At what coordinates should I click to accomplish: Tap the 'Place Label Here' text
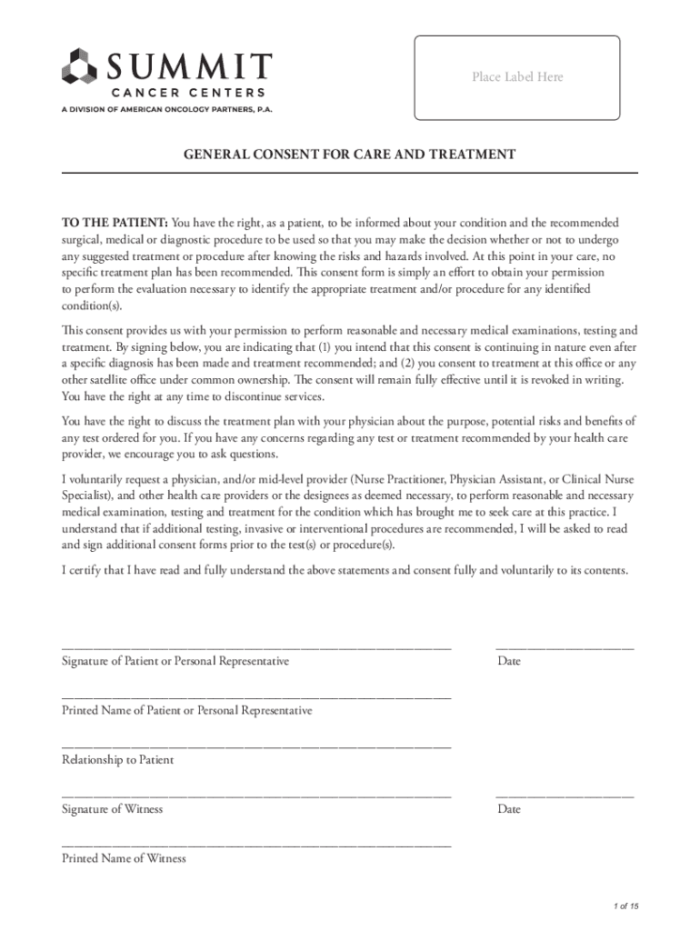click(517, 77)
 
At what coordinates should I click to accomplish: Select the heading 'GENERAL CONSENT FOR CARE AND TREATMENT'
click(350, 155)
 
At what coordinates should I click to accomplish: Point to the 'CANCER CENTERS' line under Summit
click(188, 92)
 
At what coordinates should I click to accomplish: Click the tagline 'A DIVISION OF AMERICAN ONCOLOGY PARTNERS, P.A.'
click(166, 108)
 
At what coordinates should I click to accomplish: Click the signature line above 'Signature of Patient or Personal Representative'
click(256, 647)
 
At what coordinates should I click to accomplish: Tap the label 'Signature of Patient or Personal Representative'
click(175, 661)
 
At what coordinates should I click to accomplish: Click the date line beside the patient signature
click(565, 647)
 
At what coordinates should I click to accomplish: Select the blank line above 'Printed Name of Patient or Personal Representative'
click(256, 696)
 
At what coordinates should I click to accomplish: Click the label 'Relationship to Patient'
click(117, 759)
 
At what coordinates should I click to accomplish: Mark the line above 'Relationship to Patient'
click(256, 746)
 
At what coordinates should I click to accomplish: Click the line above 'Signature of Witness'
click(256, 796)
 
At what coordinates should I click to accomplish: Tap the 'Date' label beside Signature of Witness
click(509, 809)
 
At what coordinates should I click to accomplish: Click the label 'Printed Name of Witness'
click(124, 858)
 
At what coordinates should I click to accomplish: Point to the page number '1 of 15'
click(626, 906)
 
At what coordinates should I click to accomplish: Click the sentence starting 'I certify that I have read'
click(345, 570)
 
